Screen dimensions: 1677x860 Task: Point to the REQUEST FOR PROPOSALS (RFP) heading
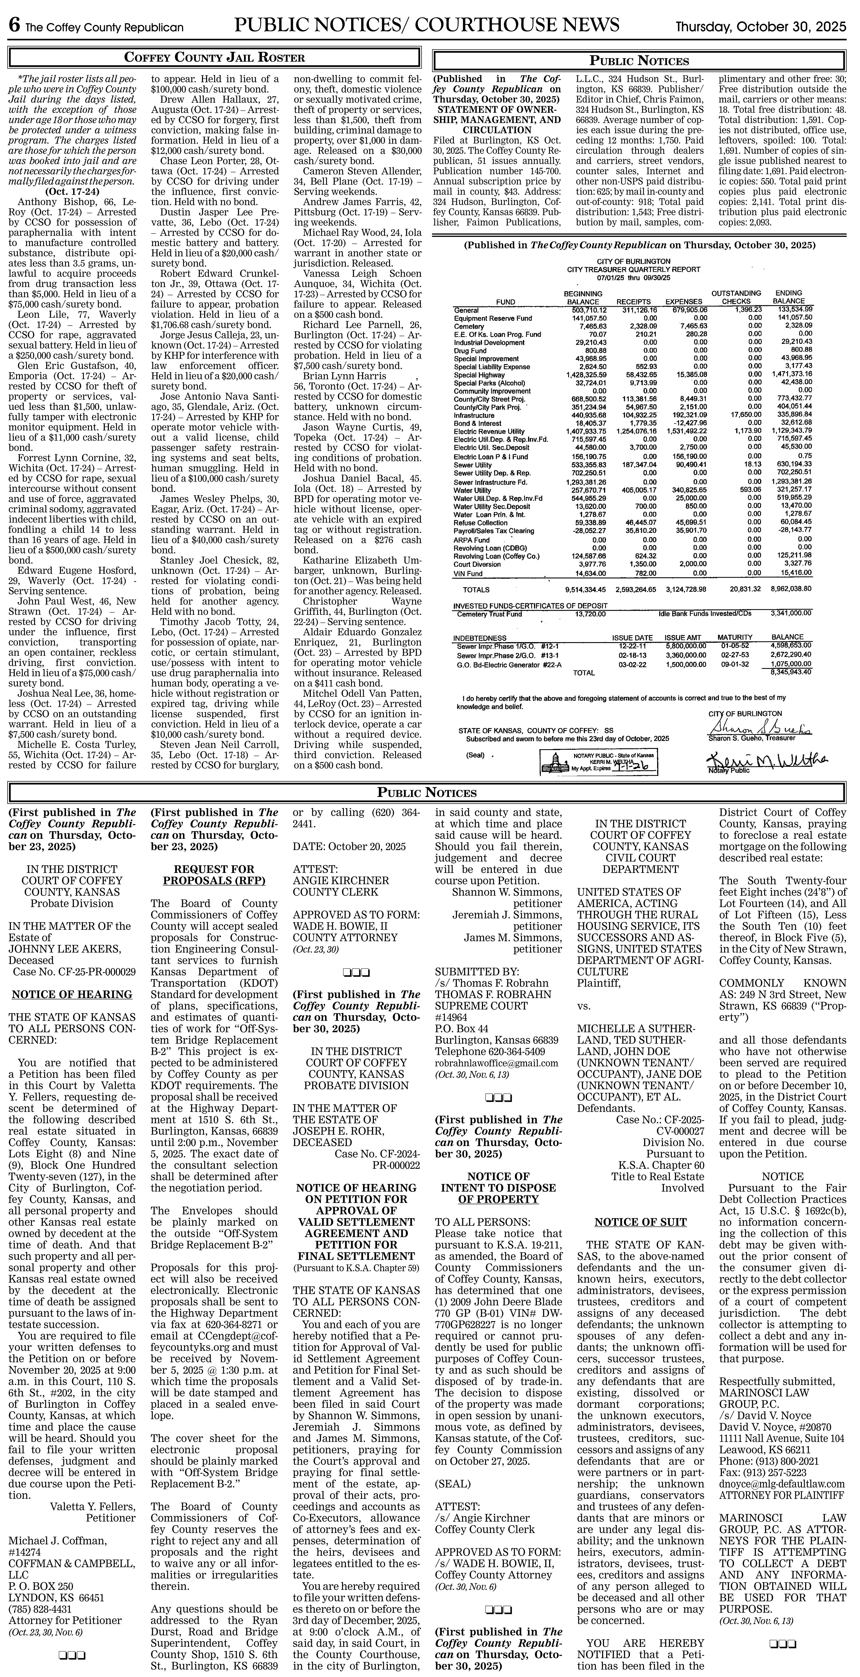[214, 875]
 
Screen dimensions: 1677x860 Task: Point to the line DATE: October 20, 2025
[349, 846]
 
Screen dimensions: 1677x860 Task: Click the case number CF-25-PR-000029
[74, 971]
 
